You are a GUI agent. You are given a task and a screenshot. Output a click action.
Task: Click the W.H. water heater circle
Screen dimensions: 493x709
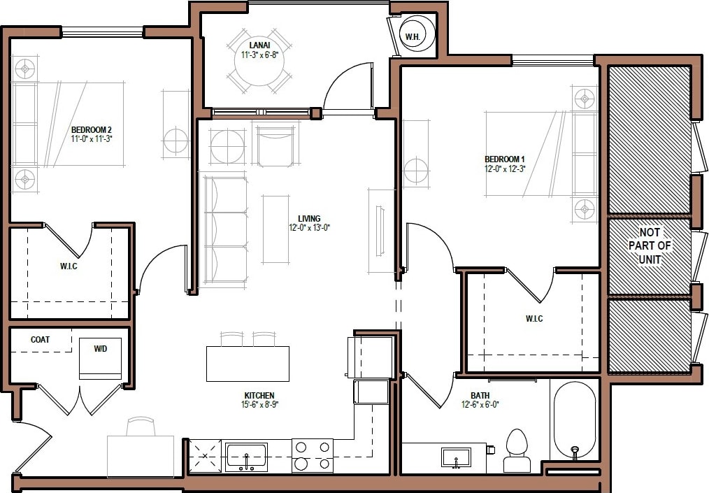[x=419, y=36]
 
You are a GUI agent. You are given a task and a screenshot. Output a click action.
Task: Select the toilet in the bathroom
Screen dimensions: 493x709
[x=516, y=451]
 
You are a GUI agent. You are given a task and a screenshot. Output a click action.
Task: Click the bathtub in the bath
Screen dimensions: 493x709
[x=574, y=420]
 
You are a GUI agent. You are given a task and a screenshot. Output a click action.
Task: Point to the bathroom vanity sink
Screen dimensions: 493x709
[x=456, y=458]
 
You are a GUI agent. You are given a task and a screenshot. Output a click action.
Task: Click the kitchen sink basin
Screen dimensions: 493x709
[x=246, y=457]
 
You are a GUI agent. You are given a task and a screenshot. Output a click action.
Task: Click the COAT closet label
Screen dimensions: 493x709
[x=41, y=340]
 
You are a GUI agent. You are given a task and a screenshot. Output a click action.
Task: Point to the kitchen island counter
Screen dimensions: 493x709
[x=248, y=364]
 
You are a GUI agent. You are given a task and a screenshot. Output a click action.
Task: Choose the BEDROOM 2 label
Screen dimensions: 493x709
[x=92, y=129]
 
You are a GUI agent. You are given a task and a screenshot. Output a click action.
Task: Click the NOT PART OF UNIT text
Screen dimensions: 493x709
[x=650, y=245]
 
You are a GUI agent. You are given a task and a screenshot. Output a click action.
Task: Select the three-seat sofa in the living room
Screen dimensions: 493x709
[x=225, y=228]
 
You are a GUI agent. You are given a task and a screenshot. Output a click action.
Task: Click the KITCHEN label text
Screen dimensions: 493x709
[x=259, y=395]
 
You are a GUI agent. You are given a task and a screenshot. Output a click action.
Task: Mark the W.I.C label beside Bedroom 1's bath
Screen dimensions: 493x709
[x=534, y=319]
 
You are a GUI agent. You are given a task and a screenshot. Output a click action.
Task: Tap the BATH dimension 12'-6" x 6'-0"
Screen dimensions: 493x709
[x=480, y=404]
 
